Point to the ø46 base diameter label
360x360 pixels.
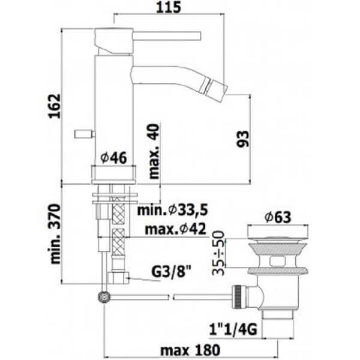(x=113, y=157)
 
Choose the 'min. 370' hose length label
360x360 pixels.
(x=55, y=234)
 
